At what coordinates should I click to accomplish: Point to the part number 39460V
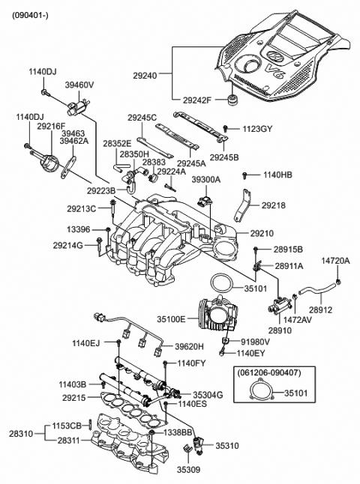pyautogui.click(x=79, y=86)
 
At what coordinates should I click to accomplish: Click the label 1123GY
pyautogui.click(x=256, y=129)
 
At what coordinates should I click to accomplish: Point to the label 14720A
pyautogui.click(x=336, y=261)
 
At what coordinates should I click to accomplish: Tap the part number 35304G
pyautogui.click(x=208, y=394)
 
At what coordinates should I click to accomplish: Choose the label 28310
pyautogui.click(x=22, y=433)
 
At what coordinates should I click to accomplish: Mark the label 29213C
pyautogui.click(x=81, y=209)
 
